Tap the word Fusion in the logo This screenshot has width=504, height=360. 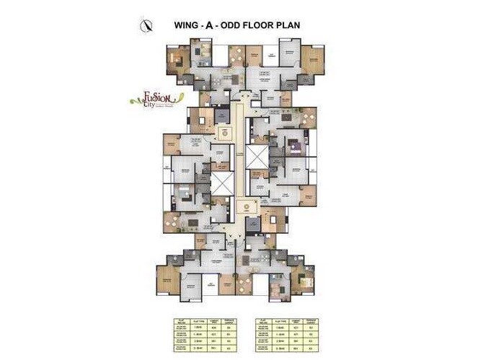[153, 96]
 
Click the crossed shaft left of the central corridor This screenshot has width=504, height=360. [221, 183]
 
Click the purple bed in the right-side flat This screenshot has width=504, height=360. [294, 148]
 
